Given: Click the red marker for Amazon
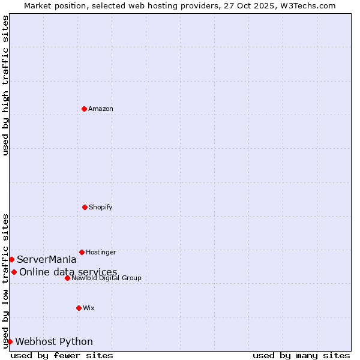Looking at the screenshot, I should click(84, 109).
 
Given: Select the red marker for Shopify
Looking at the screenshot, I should click(85, 207).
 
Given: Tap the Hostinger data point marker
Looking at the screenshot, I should click(82, 252).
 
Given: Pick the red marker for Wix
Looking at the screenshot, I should click(79, 308).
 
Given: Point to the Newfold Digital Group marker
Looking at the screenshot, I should click(67, 278).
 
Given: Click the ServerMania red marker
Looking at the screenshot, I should click(11, 259).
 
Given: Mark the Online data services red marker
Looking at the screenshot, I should click(14, 272).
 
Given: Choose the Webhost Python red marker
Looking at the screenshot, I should click(10, 341).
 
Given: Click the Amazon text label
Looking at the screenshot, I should click(101, 109).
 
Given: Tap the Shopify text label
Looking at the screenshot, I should click(101, 207).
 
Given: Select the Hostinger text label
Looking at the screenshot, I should click(101, 252).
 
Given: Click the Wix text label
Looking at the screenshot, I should click(89, 308).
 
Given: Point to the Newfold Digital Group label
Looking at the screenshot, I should click(107, 278).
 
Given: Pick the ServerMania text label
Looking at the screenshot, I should click(47, 259).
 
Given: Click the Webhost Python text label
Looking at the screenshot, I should click(54, 341).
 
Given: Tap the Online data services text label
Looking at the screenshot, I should click(68, 272).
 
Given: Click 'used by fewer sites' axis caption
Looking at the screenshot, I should click(62, 355).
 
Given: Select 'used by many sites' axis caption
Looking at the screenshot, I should click(301, 355).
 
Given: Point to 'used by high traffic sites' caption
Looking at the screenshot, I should click(5, 85).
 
